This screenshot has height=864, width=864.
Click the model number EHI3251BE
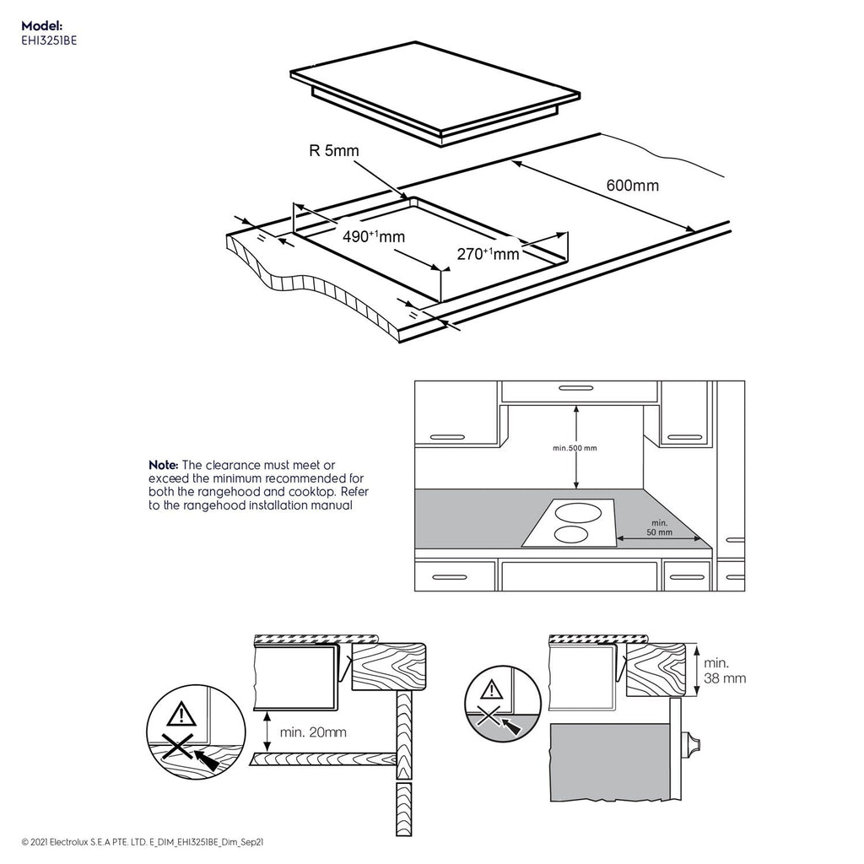(50, 39)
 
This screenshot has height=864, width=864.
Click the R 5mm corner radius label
(333, 152)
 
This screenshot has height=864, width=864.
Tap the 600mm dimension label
(632, 186)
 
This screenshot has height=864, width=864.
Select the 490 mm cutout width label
(373, 237)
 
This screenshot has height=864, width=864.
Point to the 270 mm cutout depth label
(488, 252)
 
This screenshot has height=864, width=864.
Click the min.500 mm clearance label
(575, 448)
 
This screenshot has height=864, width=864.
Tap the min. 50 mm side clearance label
(660, 528)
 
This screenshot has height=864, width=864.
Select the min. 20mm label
(314, 732)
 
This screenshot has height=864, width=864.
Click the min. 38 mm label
(725, 671)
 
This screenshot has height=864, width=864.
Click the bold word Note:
(163, 465)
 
